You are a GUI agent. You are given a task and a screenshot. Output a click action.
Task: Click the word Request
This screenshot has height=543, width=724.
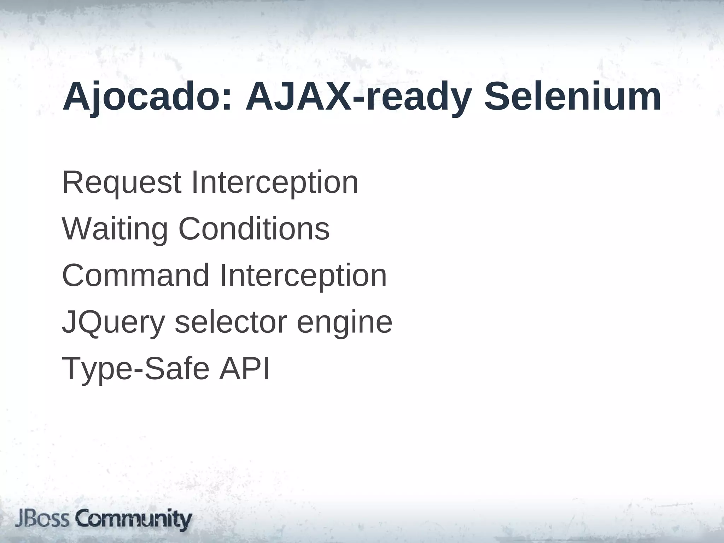122,183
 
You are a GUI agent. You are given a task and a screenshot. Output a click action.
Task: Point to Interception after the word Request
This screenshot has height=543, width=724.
275,183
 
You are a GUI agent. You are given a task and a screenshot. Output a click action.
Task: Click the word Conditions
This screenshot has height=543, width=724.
254,229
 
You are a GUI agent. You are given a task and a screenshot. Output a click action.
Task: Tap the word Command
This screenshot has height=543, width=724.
136,276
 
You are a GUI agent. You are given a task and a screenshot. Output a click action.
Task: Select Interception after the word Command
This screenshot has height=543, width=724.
303,276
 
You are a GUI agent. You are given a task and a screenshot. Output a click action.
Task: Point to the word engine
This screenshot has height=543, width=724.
344,322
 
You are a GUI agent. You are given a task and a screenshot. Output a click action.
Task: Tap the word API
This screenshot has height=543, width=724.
244,369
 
